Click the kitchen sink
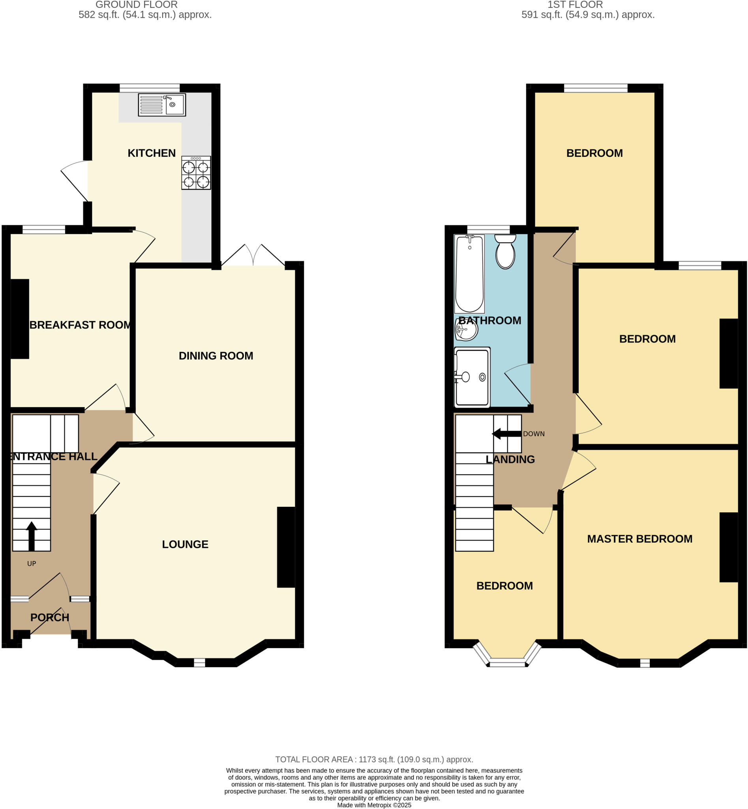pos(162,105)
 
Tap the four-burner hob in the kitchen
pos(196,173)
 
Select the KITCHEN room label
pos(152,153)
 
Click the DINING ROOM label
pos(216,356)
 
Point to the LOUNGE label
pos(185,544)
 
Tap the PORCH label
pos(49,617)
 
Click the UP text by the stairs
pos(32,564)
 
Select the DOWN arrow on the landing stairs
pos(506,434)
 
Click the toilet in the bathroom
pos(505,252)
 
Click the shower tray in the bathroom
pos(472,377)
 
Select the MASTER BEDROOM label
pos(639,539)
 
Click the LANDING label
pos(510,459)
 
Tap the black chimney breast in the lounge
pos(286,547)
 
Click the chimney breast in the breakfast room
pos(19,319)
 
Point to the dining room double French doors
pos(253,256)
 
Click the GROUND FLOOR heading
pos(137,5)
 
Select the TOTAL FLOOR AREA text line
pos(374,760)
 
